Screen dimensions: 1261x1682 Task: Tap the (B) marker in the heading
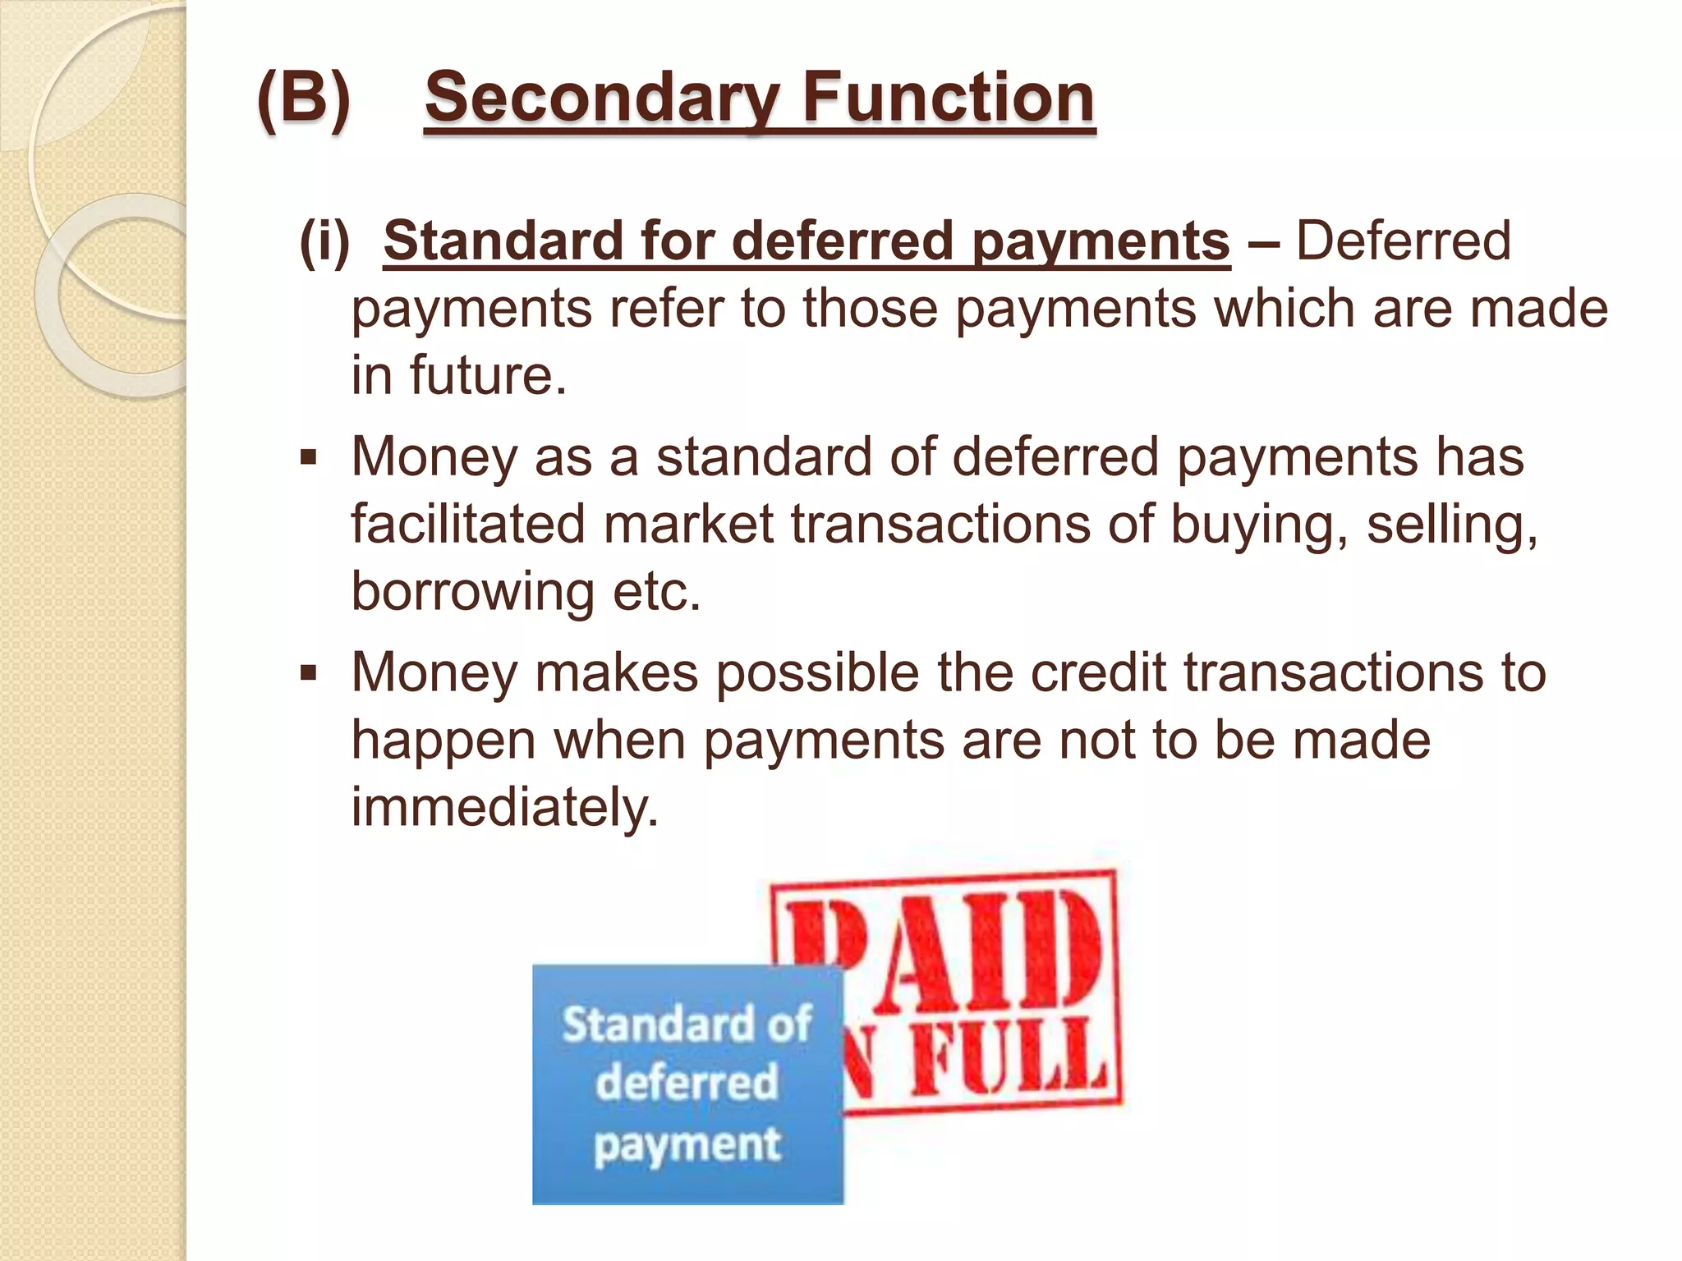[x=303, y=99]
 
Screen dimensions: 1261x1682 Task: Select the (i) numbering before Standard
[x=324, y=241]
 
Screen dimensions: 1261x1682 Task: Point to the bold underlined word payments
[x=1101, y=243]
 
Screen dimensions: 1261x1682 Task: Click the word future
[x=488, y=376]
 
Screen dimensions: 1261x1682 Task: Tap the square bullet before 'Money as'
[x=308, y=457]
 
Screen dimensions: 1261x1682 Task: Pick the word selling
[x=1450, y=525]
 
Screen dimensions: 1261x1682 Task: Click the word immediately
[x=504, y=808]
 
